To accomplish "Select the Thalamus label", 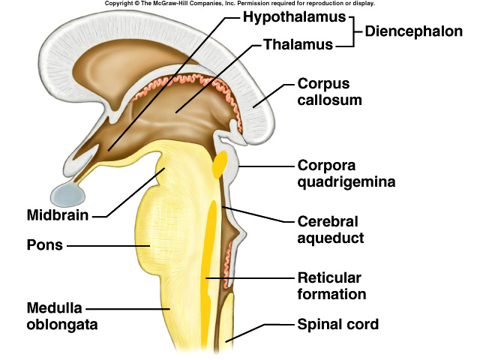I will [x=298, y=44].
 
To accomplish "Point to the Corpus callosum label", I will [x=329, y=91].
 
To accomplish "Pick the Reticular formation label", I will [x=331, y=286].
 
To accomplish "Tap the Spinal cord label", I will [x=338, y=325].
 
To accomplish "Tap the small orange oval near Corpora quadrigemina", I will [x=219, y=165].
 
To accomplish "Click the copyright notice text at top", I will [x=239, y=4].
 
